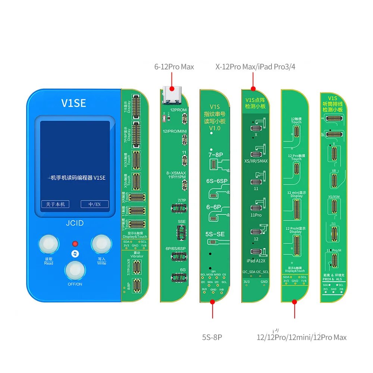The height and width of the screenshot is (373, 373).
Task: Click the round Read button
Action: point(48,245)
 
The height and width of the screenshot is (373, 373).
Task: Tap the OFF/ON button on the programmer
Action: point(75,270)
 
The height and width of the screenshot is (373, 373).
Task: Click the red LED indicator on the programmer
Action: point(75,244)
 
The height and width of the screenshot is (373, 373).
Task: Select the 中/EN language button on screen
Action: point(95,204)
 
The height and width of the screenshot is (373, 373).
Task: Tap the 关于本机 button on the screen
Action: point(55,204)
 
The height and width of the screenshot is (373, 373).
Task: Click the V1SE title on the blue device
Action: point(73,103)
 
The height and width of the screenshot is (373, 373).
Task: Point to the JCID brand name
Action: point(75,223)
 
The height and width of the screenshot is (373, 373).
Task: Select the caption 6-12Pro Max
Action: point(174,67)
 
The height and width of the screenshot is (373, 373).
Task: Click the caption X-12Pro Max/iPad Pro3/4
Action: point(255,67)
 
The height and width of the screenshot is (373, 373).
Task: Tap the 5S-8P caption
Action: point(212,338)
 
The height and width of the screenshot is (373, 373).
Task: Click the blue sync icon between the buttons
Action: point(75,254)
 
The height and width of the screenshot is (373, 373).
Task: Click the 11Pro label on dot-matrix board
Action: point(256,215)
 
